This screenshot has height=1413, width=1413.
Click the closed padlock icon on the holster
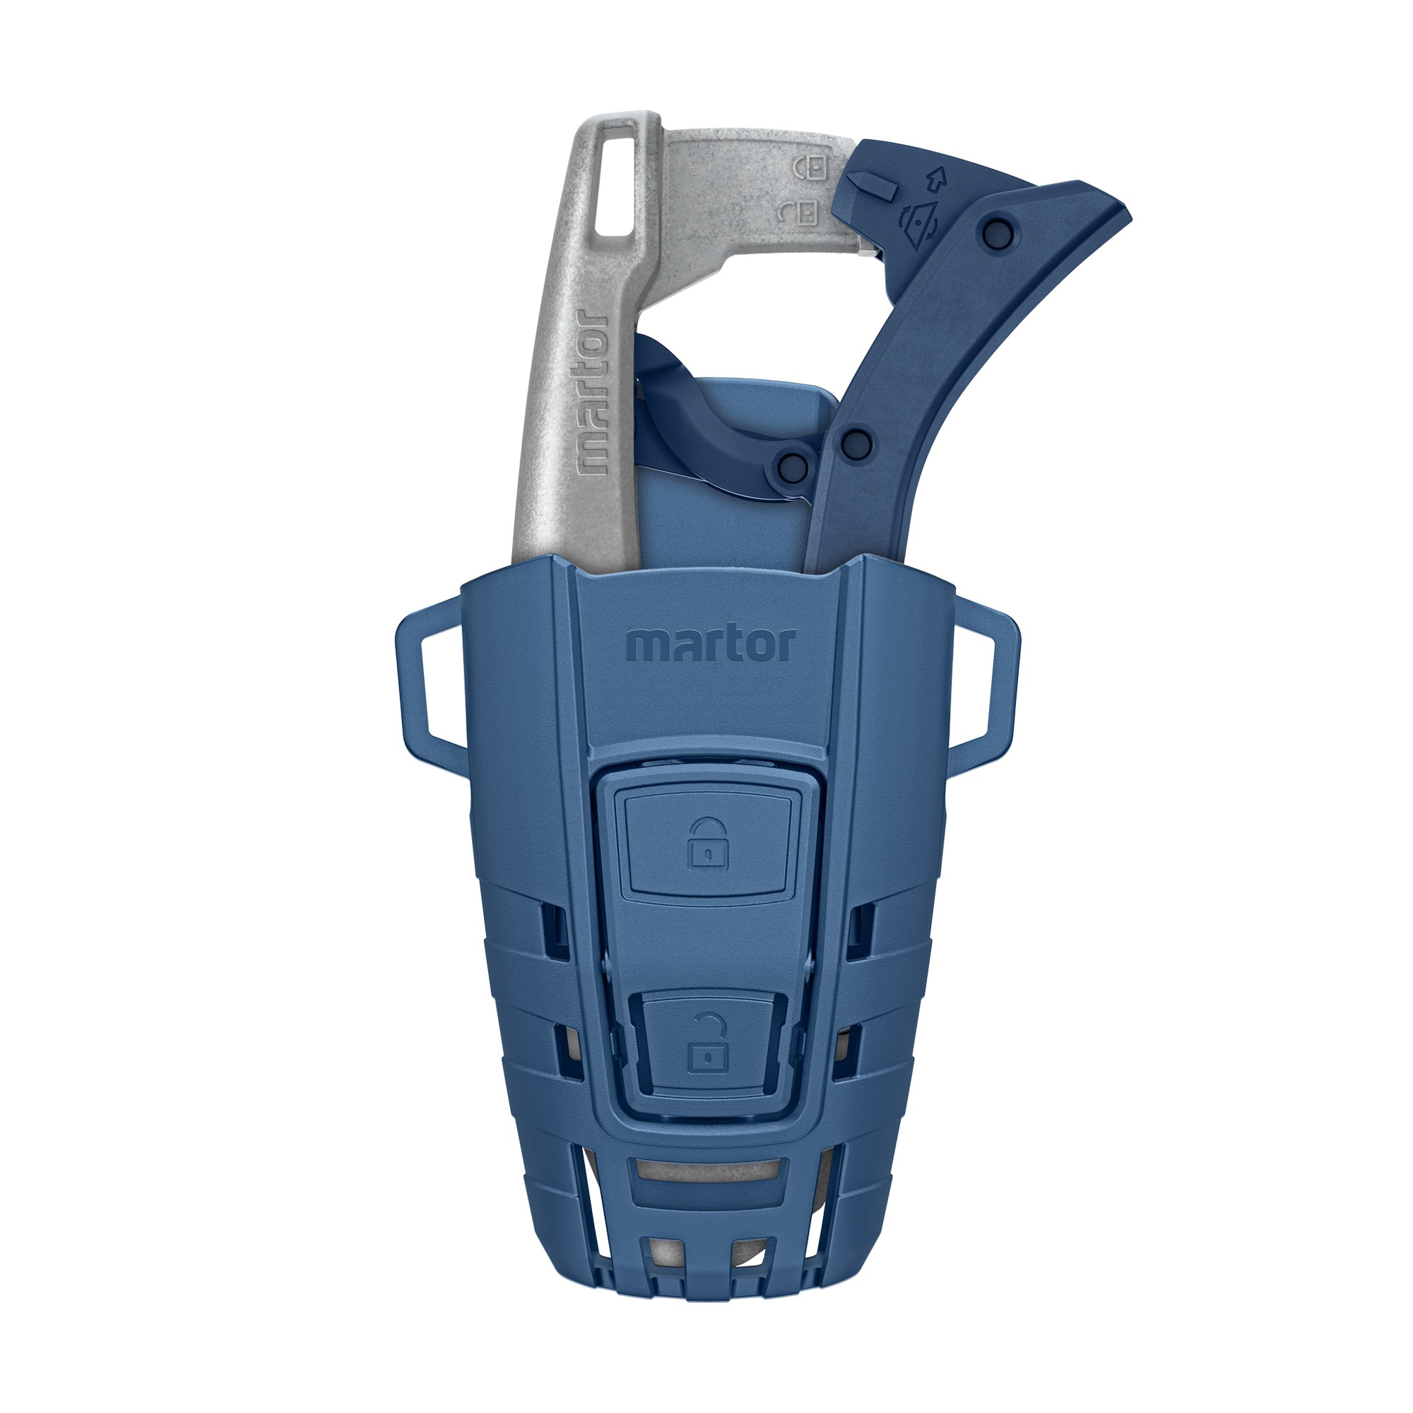pyautogui.click(x=707, y=844)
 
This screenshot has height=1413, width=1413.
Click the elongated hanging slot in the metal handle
pyautogui.click(x=617, y=180)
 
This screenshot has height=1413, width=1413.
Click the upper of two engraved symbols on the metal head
pyautogui.click(x=811, y=167)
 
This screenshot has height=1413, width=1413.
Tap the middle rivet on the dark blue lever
pyautogui.click(x=856, y=442)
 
